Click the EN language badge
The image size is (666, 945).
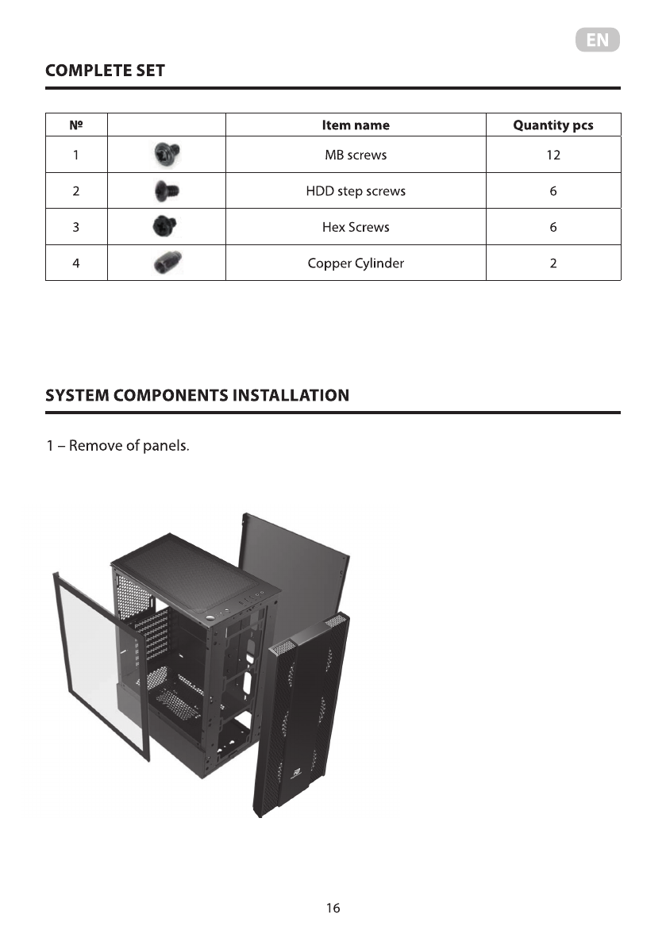[x=597, y=40]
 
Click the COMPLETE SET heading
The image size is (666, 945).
[x=106, y=71]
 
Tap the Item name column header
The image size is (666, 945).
[x=356, y=125]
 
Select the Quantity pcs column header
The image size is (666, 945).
[x=552, y=125]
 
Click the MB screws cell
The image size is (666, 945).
[x=356, y=156]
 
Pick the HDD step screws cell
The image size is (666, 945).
[x=356, y=191]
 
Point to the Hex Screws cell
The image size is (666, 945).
[x=356, y=227]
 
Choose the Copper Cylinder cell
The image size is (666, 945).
[x=356, y=263]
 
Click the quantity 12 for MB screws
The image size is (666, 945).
[x=552, y=156]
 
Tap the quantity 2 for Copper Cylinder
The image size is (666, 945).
[x=552, y=263]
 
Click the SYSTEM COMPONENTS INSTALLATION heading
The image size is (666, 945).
[x=197, y=395]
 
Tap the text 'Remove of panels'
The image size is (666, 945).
[x=129, y=445]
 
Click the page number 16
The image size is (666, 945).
[x=333, y=908]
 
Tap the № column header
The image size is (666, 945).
[x=75, y=125]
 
